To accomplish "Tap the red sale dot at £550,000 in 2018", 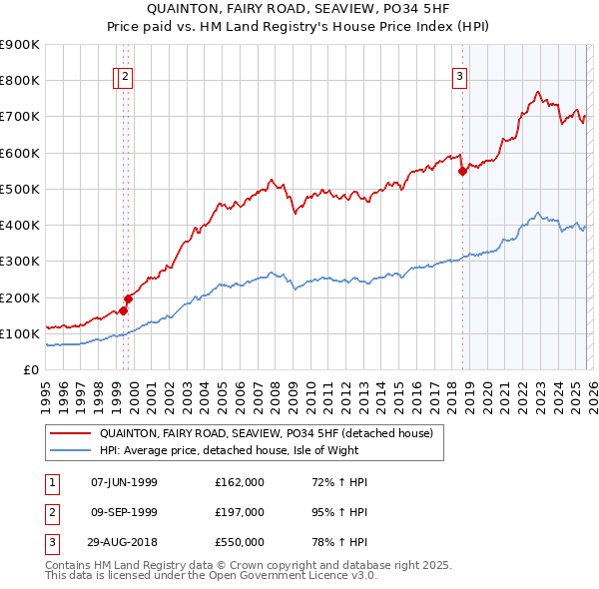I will click(x=462, y=171).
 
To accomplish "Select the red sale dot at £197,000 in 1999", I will click(x=128, y=298).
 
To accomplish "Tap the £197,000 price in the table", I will click(x=239, y=512).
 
